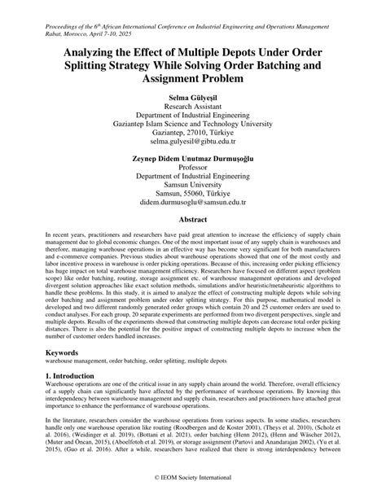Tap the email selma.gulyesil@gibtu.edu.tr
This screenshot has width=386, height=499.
[193, 141]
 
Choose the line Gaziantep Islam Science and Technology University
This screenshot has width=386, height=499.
[193, 117]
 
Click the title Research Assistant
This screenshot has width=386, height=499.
[193, 106]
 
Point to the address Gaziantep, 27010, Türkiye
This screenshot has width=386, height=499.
[193, 129]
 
